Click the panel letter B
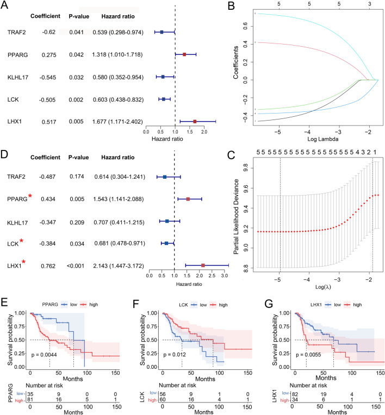tap(231, 6)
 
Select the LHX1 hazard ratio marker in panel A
tap(195, 122)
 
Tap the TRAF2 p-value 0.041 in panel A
tap(76, 32)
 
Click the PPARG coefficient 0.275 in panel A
tap(49, 55)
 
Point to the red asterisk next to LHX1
tap(24, 262)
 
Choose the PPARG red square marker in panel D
tap(188, 199)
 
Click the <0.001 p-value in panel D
tap(76, 266)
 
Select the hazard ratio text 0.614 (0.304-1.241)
tap(120, 177)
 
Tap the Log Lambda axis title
tap(322, 139)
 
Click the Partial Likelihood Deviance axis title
tap(236, 217)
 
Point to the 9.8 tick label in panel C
tap(245, 168)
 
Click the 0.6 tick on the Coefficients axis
tap(245, 26)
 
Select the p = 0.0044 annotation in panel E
tap(44, 355)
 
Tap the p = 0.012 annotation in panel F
tap(175, 354)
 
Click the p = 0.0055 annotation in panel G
tap(308, 354)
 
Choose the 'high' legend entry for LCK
tap(219, 305)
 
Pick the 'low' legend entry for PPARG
tap(69, 305)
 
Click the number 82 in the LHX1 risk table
tap(295, 394)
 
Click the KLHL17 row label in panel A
tap(18, 78)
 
